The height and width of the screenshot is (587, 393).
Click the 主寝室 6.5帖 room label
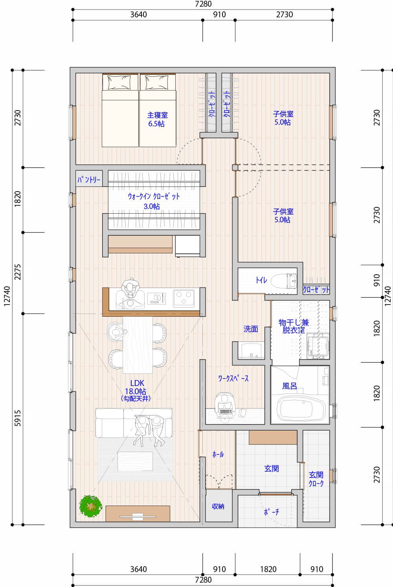157,119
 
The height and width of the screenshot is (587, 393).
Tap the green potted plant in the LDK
91,506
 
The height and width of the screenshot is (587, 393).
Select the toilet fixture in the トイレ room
284,281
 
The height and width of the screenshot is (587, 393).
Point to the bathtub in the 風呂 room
301,409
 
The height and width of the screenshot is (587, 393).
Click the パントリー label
89,179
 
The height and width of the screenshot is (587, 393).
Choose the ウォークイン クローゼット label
153,201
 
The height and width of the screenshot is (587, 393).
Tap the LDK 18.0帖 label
136,390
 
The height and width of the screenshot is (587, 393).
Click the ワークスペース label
233,378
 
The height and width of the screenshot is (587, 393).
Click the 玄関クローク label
316,479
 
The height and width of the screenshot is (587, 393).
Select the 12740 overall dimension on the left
7,296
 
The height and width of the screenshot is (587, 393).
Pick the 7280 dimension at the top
203,4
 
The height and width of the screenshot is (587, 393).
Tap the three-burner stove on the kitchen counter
184,298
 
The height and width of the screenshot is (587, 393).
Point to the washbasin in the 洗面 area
251,351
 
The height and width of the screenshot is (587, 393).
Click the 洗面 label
251,329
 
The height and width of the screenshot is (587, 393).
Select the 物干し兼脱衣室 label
294,326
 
